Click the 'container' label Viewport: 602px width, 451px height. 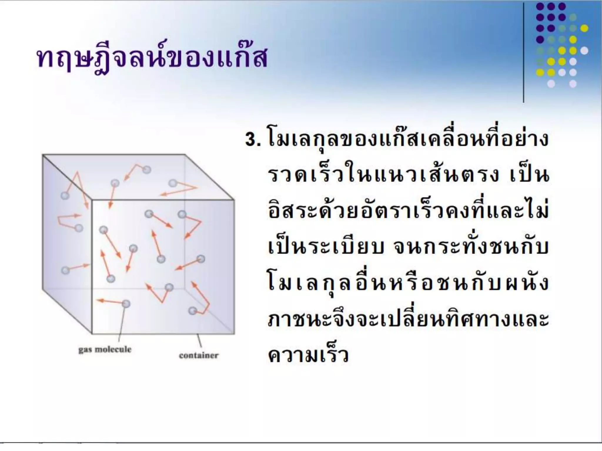pos(199,356)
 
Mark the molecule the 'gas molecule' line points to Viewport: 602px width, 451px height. pos(126,303)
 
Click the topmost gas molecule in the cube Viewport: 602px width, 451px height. pos(146,169)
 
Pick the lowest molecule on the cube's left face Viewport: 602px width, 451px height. pos(65,270)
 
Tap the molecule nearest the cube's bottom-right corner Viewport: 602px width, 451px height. pos(193,310)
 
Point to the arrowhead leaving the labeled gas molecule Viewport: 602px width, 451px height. pos(99,300)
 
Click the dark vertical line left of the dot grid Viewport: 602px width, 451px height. pos(524,53)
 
